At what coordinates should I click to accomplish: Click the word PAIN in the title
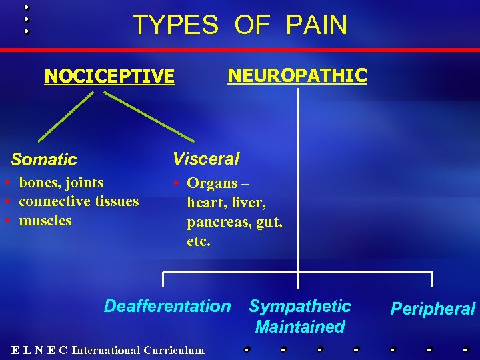coord(316,25)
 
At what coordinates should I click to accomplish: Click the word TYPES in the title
coord(175,25)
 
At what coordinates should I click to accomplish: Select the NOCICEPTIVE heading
coord(109,77)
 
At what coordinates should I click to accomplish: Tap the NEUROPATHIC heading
coord(297,75)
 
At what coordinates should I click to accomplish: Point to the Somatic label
coord(44,160)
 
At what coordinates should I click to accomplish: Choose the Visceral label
coord(206,159)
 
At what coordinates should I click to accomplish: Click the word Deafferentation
coord(167,307)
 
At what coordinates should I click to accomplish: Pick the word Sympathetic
coord(300,307)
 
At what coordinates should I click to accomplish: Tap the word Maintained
coord(300,327)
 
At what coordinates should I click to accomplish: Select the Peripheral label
coord(433,309)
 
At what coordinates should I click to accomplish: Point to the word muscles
coord(45,220)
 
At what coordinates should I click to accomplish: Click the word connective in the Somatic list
coord(51,201)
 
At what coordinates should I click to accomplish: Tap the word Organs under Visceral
coord(212,183)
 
